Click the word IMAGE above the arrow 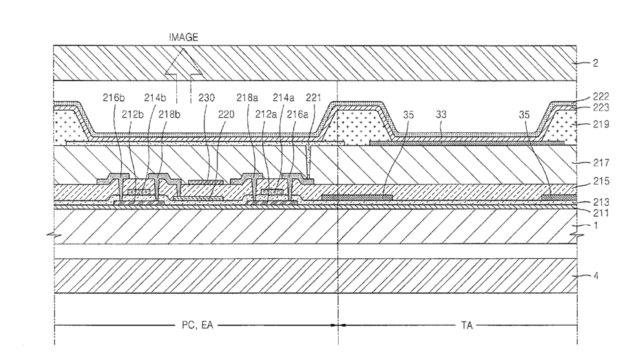pos(183,38)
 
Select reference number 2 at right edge pos(595,63)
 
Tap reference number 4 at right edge pos(595,276)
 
